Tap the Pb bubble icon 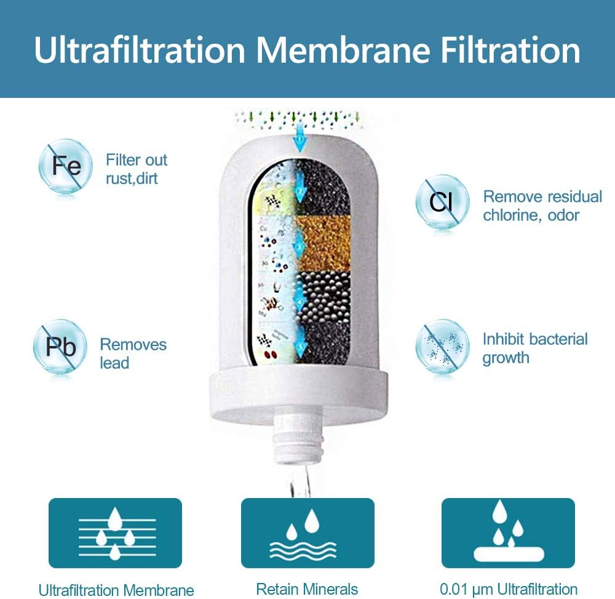tap(60, 347)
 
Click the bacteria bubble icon tap(442, 347)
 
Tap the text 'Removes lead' tap(133, 353)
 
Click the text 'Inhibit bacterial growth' tap(535, 348)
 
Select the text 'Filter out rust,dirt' tap(137, 169)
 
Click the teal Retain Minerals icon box tap(307, 533)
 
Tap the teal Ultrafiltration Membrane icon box tap(115, 533)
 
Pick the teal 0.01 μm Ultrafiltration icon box tap(508, 533)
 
